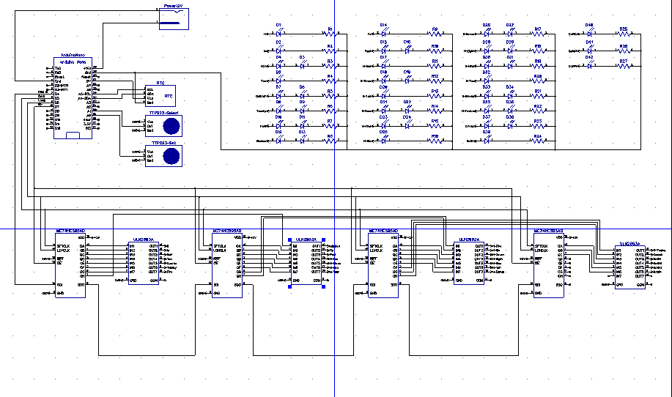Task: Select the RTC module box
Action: [160, 95]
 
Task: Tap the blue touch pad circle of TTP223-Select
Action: [171, 124]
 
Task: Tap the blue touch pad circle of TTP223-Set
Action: [171, 156]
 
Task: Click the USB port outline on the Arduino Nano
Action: [73, 135]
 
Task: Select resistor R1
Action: [330, 34]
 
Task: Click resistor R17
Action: [537, 34]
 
